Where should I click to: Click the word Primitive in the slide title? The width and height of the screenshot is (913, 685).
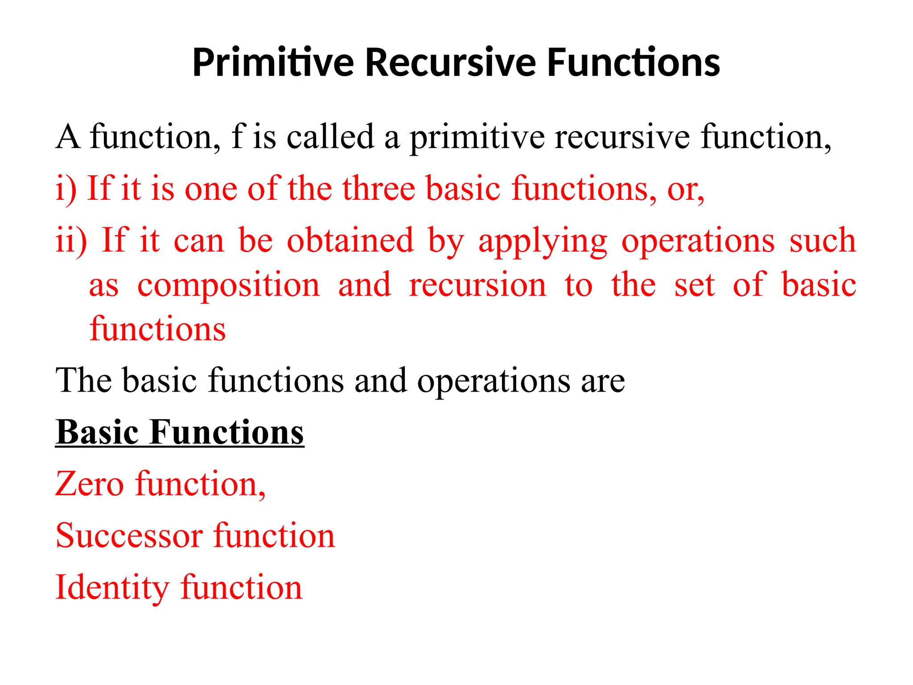pos(273,62)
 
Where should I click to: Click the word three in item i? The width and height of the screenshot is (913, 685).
pos(379,188)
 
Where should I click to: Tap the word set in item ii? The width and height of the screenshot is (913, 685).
pos(694,285)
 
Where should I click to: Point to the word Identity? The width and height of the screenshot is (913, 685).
pos(111,588)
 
